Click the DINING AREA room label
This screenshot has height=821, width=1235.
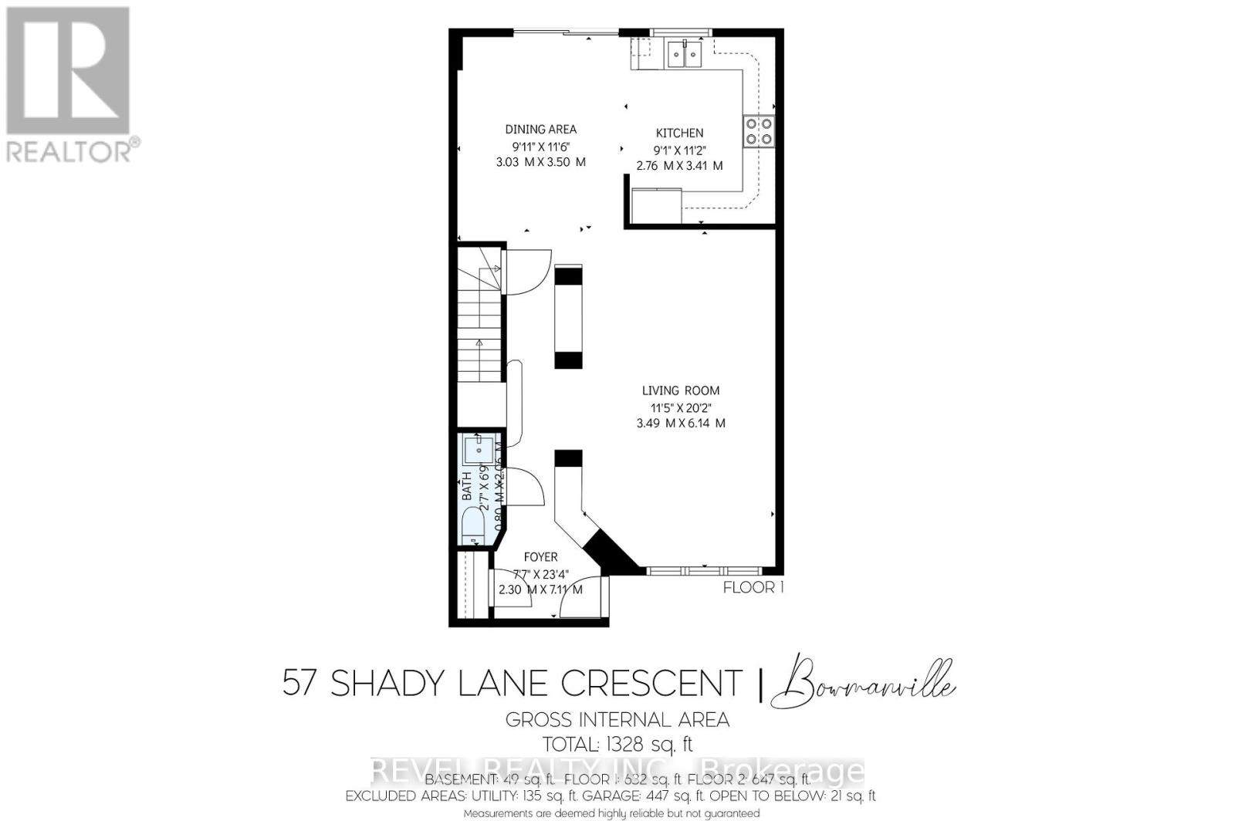(540, 130)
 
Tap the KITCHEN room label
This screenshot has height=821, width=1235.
(679, 133)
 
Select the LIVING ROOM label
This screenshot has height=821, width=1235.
(680, 391)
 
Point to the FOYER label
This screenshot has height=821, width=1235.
(540, 557)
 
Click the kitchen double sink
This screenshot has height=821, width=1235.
(685, 53)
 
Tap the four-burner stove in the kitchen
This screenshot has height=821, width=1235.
(758, 131)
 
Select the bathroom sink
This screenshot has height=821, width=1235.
(479, 448)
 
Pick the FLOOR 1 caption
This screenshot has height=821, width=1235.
(753, 588)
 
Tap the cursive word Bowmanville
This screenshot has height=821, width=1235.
(869, 684)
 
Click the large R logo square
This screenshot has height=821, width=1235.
(67, 69)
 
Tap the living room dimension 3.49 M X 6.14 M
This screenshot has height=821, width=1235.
(680, 424)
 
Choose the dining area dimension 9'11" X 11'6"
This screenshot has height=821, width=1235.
(540, 146)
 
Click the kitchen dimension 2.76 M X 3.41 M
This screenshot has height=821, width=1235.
(679, 166)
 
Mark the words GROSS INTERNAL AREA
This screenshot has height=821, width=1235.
(617, 720)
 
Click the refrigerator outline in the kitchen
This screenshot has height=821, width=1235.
(656, 205)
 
